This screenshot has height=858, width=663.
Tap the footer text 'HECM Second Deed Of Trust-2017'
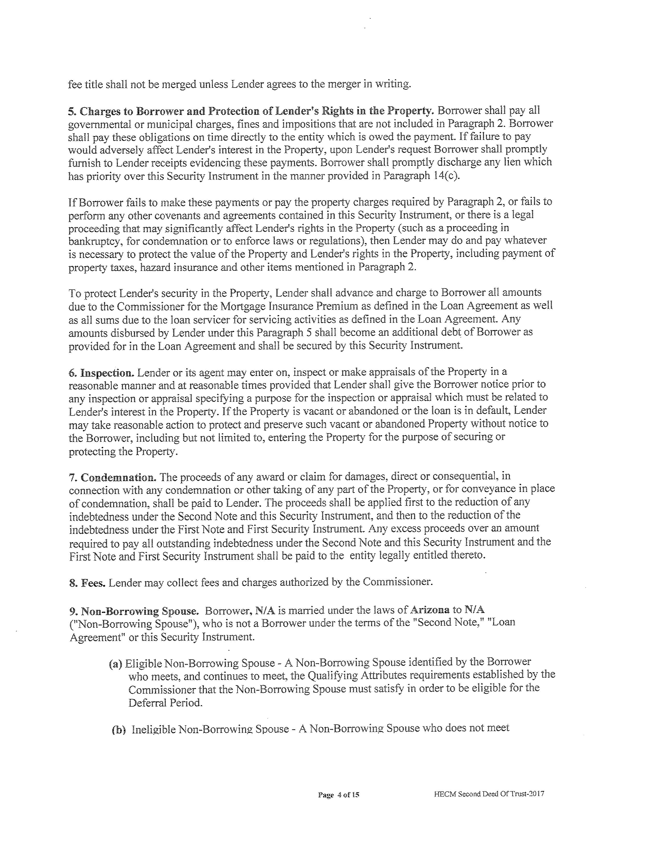point(489,793)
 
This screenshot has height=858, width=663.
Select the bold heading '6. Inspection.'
point(101,373)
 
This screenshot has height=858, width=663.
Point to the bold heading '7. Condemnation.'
point(113,478)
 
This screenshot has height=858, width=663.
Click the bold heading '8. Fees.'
point(87,583)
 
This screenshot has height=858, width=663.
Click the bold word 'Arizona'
point(430,610)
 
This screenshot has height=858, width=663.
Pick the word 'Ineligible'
point(153,730)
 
